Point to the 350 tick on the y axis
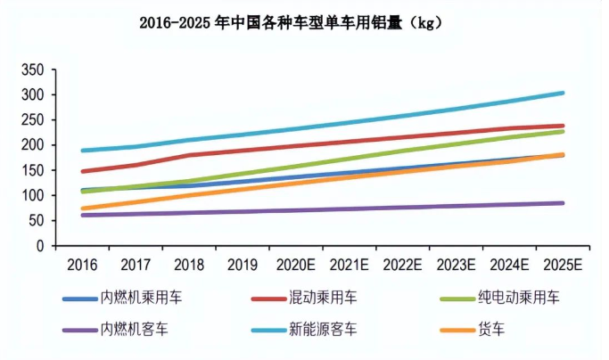(31, 70)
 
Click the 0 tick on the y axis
(39, 245)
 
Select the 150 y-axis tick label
(31, 170)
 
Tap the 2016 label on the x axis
(81, 266)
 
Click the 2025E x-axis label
(562, 266)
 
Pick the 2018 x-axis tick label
(190, 266)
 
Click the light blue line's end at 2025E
(562, 93)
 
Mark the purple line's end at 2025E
(562, 203)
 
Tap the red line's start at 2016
(82, 171)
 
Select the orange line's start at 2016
(82, 209)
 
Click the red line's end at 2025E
(562, 126)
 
